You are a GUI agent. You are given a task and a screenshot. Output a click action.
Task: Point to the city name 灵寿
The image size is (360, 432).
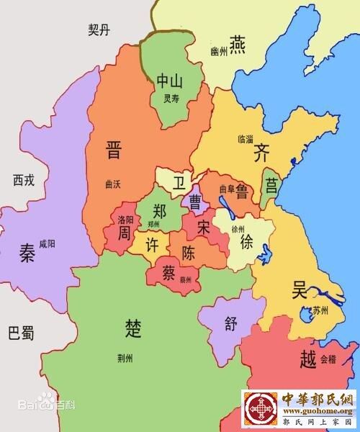pyautogui.click(x=171, y=99)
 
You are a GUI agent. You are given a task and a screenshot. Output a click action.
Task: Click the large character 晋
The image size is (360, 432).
pyautogui.click(x=114, y=150)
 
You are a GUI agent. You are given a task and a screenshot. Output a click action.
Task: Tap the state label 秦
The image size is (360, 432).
pyautogui.click(x=27, y=253)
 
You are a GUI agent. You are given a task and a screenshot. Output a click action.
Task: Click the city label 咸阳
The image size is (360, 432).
pyautogui.click(x=47, y=243)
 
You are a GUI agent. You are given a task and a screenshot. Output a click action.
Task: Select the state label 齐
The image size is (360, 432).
pyautogui.click(x=261, y=153)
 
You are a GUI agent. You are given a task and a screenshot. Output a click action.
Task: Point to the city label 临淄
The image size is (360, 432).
pyautogui.click(x=245, y=137)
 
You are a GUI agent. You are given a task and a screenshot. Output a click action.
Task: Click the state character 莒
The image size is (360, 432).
pyautogui.click(x=271, y=186)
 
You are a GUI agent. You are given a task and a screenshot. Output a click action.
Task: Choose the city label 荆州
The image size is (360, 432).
pyautogui.click(x=125, y=357)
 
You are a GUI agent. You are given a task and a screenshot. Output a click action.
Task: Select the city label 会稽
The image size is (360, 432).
pyautogui.click(x=328, y=358)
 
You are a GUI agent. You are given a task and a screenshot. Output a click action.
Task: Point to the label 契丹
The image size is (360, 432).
pyautogui.click(x=99, y=30)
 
